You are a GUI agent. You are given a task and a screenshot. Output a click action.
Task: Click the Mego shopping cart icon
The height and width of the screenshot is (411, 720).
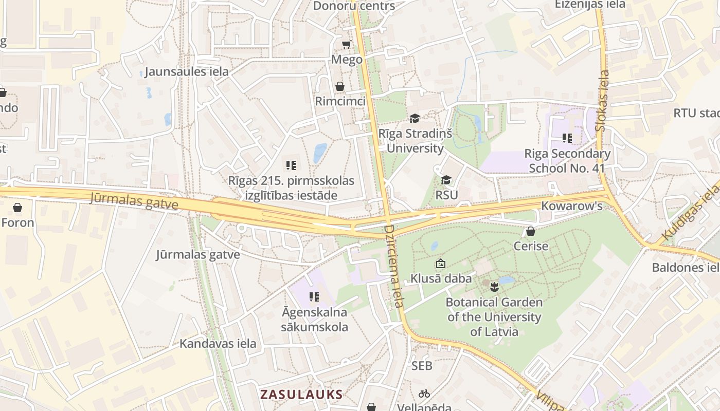346,45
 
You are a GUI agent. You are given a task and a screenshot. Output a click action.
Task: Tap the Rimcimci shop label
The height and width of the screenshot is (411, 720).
340,101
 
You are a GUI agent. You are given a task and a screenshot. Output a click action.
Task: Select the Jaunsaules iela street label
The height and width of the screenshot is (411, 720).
186,71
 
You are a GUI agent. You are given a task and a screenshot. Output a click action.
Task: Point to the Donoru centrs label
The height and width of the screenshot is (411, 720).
354,6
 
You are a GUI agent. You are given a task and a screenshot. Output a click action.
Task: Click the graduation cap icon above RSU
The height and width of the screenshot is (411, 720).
446,180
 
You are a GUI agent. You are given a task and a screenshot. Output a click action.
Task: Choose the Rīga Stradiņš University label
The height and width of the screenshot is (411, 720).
415,141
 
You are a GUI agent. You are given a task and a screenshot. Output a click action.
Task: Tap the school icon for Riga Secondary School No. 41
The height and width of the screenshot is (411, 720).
567,138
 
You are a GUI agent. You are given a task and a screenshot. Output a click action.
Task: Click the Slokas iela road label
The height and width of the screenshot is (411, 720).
602,101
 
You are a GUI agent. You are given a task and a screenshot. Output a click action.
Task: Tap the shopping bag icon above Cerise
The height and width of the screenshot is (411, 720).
531,232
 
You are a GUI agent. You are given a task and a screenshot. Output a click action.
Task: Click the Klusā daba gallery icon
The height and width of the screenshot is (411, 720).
440,264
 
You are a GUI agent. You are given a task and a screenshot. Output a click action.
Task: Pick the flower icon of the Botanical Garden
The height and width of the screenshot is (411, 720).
494,286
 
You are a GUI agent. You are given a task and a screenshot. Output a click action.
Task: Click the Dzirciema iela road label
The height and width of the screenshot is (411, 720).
393,266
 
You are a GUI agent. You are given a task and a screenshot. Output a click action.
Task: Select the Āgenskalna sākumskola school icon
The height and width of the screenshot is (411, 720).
314,296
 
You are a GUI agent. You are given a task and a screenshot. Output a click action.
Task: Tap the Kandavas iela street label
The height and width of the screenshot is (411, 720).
218,344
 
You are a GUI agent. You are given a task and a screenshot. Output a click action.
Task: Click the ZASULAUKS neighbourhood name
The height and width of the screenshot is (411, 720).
301,395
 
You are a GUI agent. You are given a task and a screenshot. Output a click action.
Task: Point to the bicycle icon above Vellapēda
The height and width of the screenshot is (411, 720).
424,394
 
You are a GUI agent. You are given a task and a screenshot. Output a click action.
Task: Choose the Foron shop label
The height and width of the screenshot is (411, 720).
17,222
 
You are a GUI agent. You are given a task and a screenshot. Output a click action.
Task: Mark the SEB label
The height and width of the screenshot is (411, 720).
422,366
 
